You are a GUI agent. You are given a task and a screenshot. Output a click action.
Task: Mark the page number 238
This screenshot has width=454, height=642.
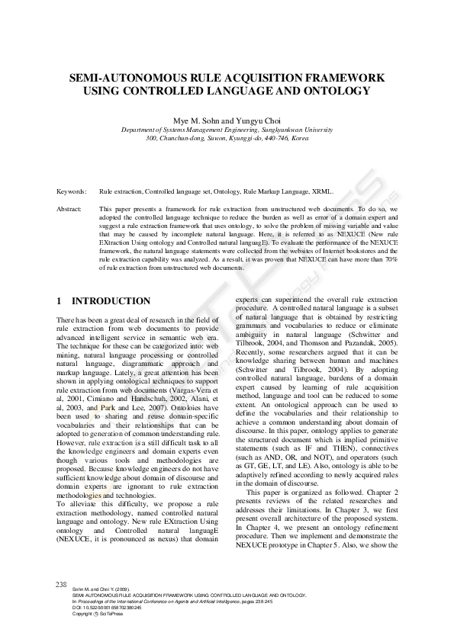tap(62, 584)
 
